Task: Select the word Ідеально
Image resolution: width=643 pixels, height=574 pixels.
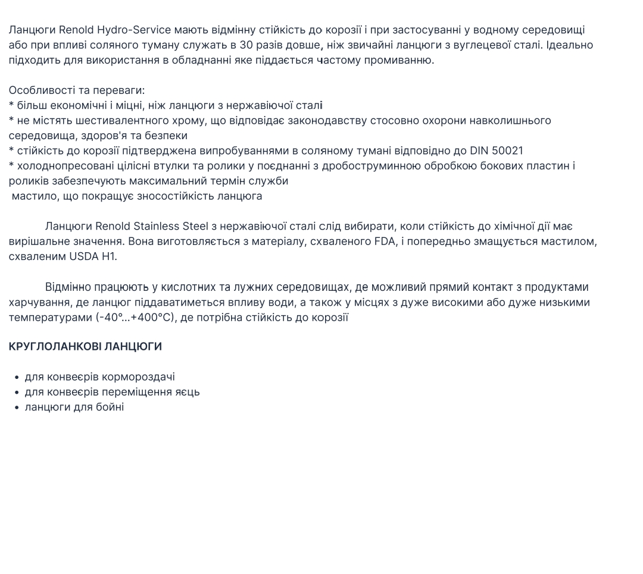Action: pos(570,45)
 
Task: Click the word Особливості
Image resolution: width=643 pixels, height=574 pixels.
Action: pos(38,90)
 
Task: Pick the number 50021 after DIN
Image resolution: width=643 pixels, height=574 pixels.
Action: pos(507,150)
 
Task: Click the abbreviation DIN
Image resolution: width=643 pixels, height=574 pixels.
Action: pos(479,150)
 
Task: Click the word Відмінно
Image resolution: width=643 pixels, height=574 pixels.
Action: pos(68,287)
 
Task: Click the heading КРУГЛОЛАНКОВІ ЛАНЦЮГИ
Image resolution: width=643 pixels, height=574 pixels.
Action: pos(85,346)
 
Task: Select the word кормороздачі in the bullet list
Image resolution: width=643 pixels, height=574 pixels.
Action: pos(138,377)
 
